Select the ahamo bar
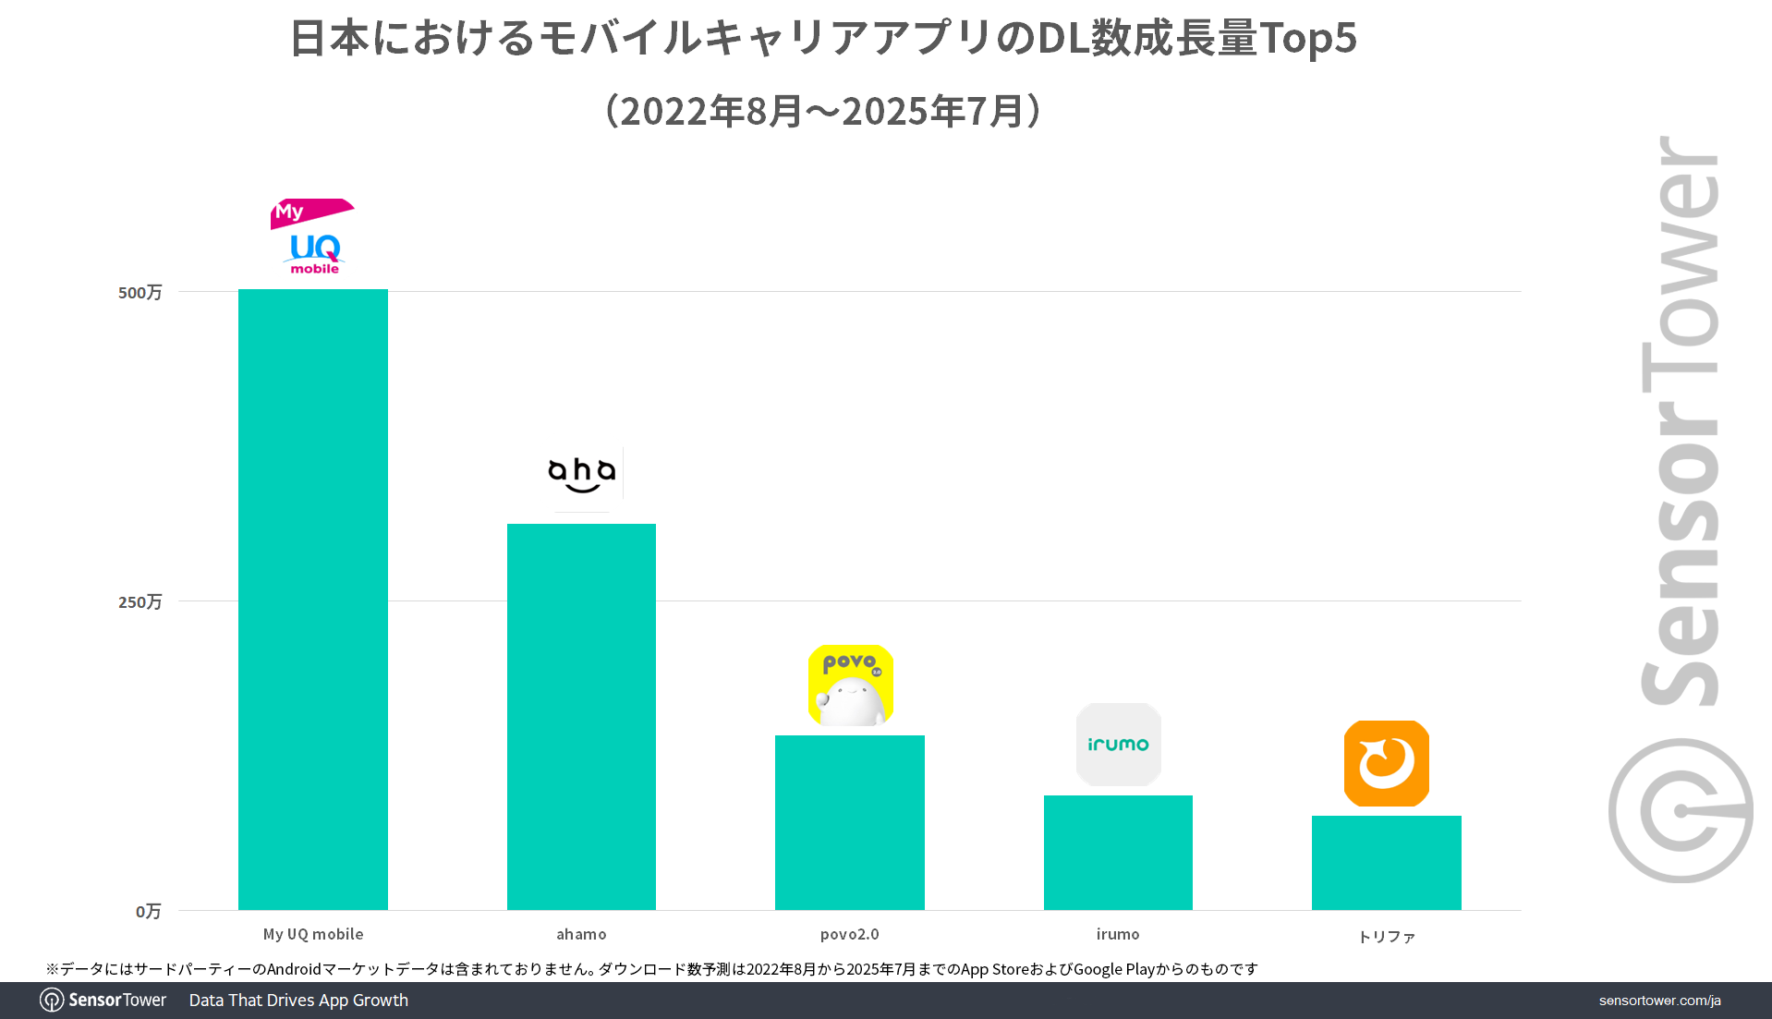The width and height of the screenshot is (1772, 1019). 581,716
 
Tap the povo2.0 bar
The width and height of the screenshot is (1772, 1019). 849,822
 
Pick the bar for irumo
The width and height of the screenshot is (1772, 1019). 1118,852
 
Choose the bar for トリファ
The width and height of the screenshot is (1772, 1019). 1386,862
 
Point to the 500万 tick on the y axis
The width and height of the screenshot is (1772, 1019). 140,293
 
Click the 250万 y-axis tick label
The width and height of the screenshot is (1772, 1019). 140,602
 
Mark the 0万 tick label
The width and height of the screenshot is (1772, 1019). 148,912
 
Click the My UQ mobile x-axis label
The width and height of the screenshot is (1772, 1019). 313,934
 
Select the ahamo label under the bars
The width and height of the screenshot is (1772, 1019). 581,934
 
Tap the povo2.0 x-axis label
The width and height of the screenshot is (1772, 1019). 849,934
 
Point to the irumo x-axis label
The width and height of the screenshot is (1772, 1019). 1118,934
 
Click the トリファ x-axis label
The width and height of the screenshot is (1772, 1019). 1386,937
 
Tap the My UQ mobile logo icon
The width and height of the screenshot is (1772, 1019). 313,237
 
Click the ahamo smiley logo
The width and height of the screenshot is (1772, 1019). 582,474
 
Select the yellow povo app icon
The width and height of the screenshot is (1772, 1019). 851,685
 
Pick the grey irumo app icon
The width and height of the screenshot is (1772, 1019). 1118,745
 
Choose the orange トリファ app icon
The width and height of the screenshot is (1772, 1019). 1386,763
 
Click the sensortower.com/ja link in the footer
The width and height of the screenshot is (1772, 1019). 1659,1001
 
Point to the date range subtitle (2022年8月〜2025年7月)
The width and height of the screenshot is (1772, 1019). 822,111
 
